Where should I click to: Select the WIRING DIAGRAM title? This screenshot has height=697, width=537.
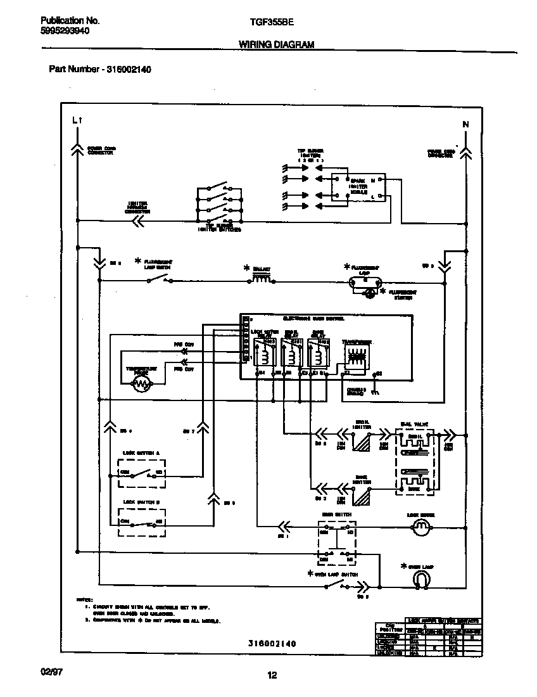click(x=276, y=44)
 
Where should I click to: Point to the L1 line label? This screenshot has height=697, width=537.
click(x=77, y=119)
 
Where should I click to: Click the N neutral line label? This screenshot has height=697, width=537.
click(x=465, y=124)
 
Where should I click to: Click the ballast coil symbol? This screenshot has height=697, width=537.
click(x=262, y=278)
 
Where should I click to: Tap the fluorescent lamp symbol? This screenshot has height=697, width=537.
click(x=366, y=279)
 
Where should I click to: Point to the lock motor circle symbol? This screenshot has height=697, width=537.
click(x=420, y=527)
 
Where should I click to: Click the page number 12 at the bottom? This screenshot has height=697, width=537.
click(x=272, y=675)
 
